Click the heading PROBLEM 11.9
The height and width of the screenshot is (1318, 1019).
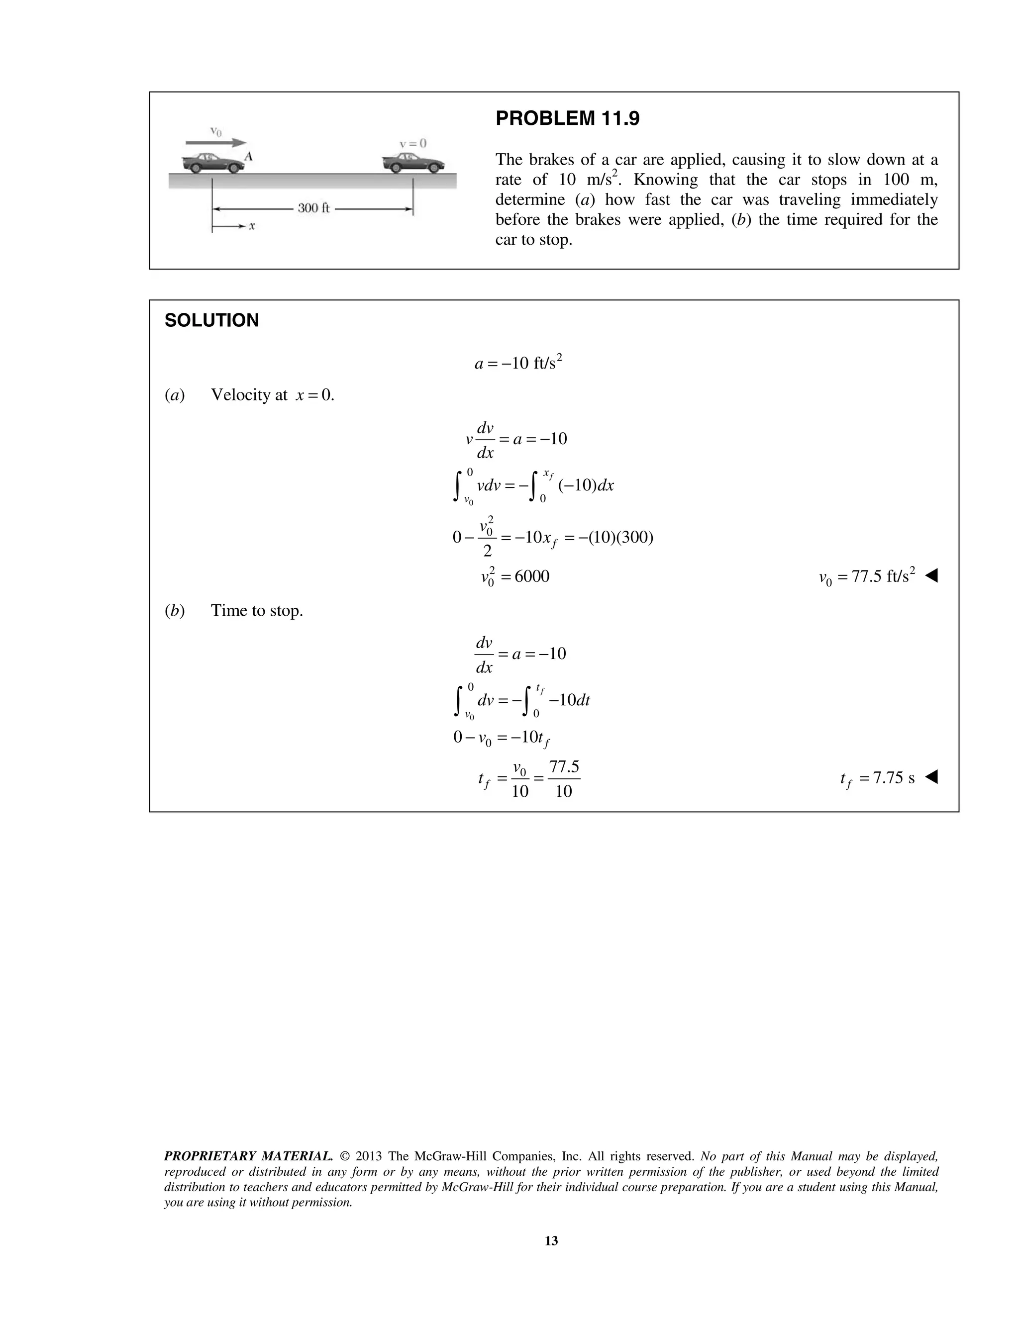tap(567, 119)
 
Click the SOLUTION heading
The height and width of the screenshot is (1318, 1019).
tap(211, 320)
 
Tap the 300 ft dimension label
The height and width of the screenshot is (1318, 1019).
tap(313, 208)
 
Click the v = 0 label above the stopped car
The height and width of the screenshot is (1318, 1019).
tap(413, 144)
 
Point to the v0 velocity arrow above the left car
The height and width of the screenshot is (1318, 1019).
tap(215, 142)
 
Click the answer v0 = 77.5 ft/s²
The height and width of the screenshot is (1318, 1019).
tap(866, 577)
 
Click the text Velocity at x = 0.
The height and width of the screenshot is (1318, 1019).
tap(272, 395)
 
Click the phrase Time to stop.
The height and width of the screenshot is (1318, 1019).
tap(257, 611)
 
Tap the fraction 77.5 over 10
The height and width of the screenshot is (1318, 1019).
tap(563, 778)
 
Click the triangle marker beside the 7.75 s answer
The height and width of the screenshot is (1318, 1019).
tap(931, 777)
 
